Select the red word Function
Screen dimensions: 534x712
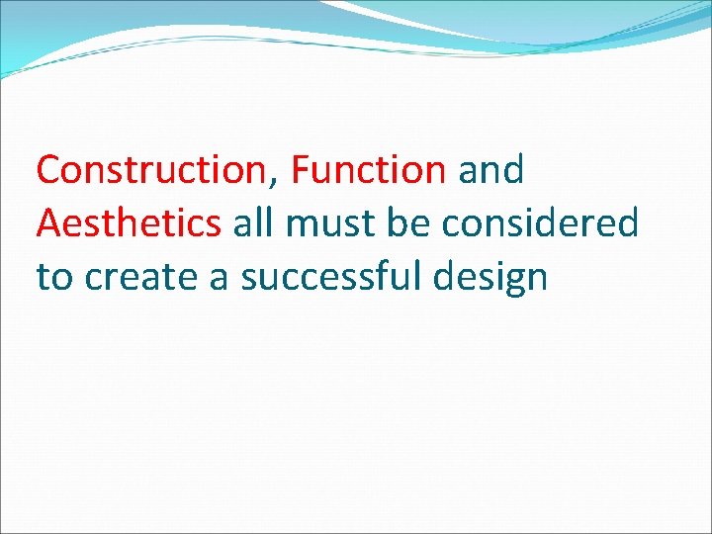coord(368,171)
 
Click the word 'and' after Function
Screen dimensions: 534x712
coord(490,171)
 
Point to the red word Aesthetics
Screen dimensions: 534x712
coord(129,224)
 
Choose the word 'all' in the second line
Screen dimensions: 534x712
coord(253,224)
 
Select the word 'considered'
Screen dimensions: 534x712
coord(540,224)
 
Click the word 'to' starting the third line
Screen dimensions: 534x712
coord(54,278)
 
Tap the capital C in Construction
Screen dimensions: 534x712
coord(48,171)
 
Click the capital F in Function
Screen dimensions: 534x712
coord(301,171)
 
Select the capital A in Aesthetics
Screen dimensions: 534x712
coord(49,224)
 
